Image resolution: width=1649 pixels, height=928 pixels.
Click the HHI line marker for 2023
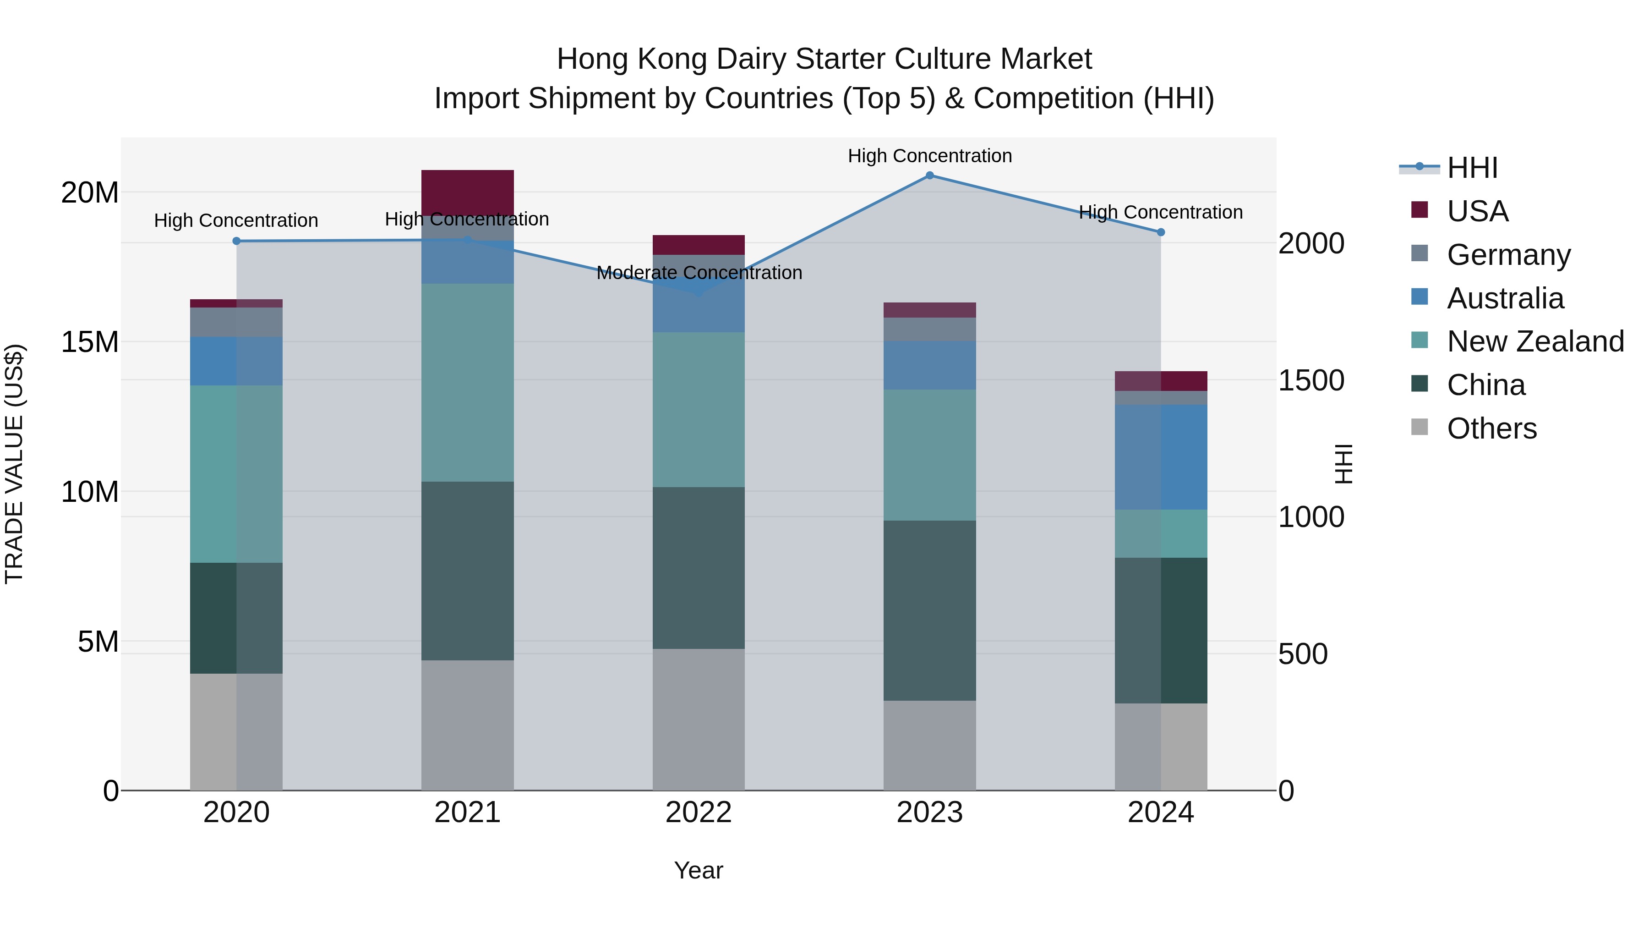[929, 175]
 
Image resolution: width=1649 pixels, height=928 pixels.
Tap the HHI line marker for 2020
[236, 241]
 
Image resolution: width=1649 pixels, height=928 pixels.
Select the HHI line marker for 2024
[1161, 232]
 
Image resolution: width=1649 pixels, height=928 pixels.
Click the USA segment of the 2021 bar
[467, 192]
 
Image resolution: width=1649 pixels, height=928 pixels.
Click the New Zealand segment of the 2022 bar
[699, 409]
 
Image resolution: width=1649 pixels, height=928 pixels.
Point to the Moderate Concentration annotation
[699, 273]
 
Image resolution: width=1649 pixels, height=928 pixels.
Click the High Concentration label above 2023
[929, 156]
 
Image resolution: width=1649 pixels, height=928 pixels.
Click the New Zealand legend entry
[1535, 341]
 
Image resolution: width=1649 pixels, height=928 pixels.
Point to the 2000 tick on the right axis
[1311, 244]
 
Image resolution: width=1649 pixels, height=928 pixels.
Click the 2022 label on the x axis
[699, 813]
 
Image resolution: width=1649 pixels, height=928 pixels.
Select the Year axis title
[699, 870]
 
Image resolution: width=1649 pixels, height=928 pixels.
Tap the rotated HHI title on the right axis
[1343, 464]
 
